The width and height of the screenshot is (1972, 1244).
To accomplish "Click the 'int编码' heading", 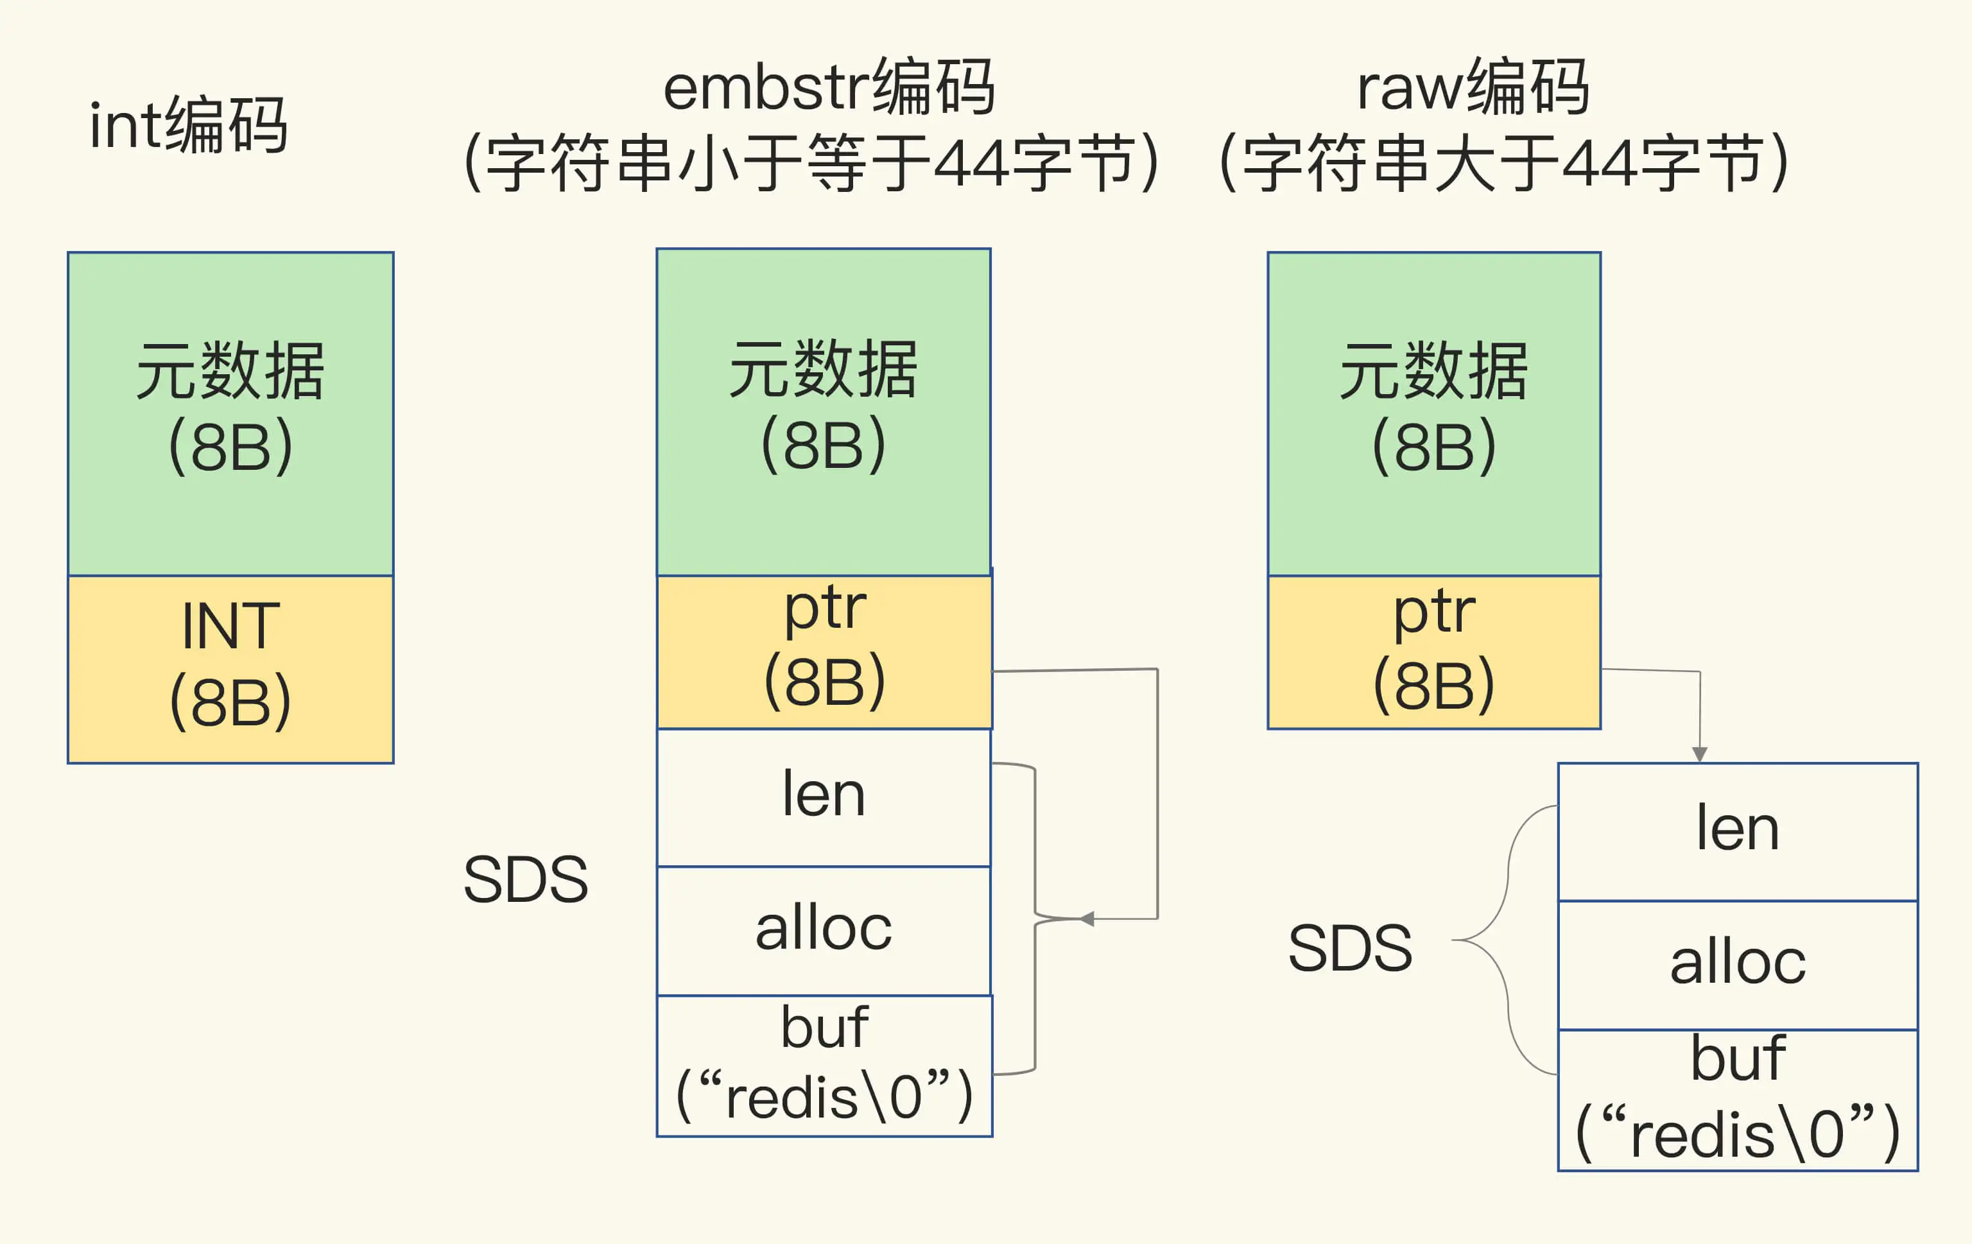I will point(188,125).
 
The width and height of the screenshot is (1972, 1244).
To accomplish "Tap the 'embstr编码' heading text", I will point(829,87).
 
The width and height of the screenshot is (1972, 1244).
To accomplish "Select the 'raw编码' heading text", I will point(1473,87).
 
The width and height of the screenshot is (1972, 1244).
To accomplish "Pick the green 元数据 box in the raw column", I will point(1433,413).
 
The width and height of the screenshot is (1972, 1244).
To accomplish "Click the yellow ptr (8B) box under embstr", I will point(824,652).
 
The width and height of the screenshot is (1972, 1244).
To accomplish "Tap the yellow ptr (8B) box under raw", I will point(1433,652).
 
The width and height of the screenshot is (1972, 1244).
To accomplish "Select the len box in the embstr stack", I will point(823,797).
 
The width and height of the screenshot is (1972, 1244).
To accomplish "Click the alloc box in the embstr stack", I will point(823,930).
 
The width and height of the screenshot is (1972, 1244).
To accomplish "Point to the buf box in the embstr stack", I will point(824,1066).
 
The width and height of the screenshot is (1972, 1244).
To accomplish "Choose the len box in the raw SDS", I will point(1737,831).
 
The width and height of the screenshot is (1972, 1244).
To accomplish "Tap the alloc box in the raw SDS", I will point(1737,965).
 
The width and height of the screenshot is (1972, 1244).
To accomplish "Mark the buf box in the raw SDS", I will point(1737,1099).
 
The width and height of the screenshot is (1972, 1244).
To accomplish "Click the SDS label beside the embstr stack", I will point(526,879).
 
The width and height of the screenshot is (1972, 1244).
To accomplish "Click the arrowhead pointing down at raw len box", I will point(1699,754).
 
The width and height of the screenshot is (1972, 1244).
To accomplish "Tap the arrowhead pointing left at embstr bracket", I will point(1087,919).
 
